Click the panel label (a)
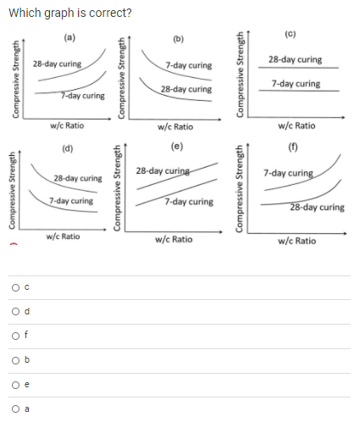coord(68,37)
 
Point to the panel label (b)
coord(177,38)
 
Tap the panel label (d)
coord(67,149)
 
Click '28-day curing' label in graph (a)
coord(57,64)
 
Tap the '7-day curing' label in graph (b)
coord(188,65)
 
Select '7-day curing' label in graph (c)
coord(296,84)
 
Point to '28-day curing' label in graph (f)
coord(317,208)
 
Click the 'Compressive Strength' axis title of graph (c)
coord(243,79)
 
